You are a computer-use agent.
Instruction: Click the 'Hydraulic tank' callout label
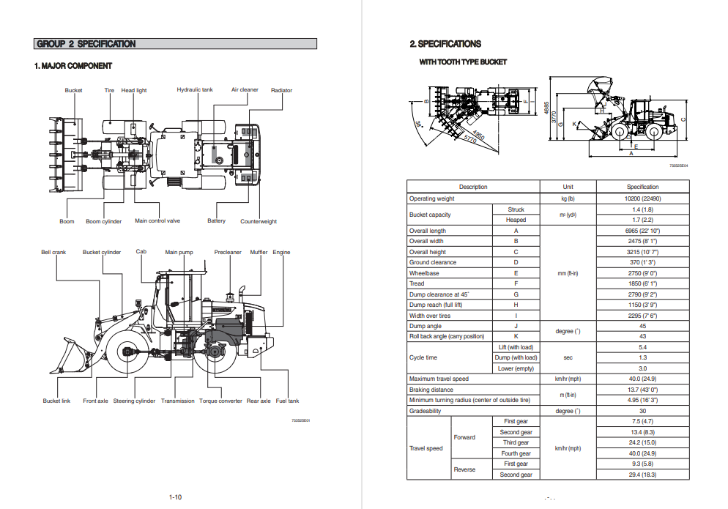(195, 90)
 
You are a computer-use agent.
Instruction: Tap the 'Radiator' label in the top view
(281, 91)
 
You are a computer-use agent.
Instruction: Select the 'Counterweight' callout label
(259, 221)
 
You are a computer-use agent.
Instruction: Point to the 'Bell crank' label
(53, 253)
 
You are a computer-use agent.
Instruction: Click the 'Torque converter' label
(220, 401)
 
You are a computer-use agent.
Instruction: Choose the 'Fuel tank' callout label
(287, 401)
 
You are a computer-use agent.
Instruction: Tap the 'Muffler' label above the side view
(259, 253)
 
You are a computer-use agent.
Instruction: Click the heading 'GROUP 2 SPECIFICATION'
(86, 44)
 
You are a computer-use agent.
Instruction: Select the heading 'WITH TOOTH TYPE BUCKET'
(463, 62)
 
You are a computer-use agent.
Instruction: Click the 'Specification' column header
(642, 187)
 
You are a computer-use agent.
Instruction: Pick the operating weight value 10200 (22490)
(642, 198)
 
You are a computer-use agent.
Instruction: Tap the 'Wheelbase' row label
(424, 273)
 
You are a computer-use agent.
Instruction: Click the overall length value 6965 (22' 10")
(642, 231)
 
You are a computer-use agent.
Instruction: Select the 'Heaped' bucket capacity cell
(516, 220)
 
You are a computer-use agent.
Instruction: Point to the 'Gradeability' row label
(426, 411)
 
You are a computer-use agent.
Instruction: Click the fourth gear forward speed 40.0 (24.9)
(642, 453)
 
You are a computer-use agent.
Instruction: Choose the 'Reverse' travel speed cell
(464, 469)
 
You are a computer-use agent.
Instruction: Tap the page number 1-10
(175, 497)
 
